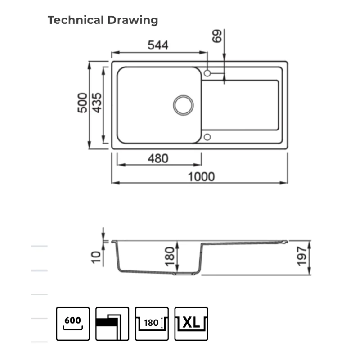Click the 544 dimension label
pyautogui.click(x=158, y=45)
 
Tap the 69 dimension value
pyautogui.click(x=217, y=36)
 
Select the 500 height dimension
pyautogui.click(x=82, y=103)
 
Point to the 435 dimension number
pyautogui.click(x=97, y=103)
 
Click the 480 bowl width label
pyautogui.click(x=158, y=158)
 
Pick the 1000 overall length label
pyautogui.click(x=201, y=177)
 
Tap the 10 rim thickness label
pyautogui.click(x=96, y=257)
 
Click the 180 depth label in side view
pyautogui.click(x=170, y=256)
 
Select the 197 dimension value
pyautogui.click(x=301, y=256)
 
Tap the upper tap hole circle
pyautogui.click(x=207, y=73)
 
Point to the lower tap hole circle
pyautogui.click(x=207, y=137)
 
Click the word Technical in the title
pyautogui.click(x=76, y=20)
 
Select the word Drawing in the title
pyautogui.click(x=133, y=20)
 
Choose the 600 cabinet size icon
pyautogui.click(x=73, y=324)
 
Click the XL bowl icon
pyautogui.click(x=191, y=324)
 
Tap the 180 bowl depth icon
pyautogui.click(x=152, y=324)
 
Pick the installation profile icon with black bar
pyautogui.click(x=112, y=324)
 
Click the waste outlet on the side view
pyautogui.click(x=184, y=274)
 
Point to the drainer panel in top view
pyautogui.click(x=240, y=105)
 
